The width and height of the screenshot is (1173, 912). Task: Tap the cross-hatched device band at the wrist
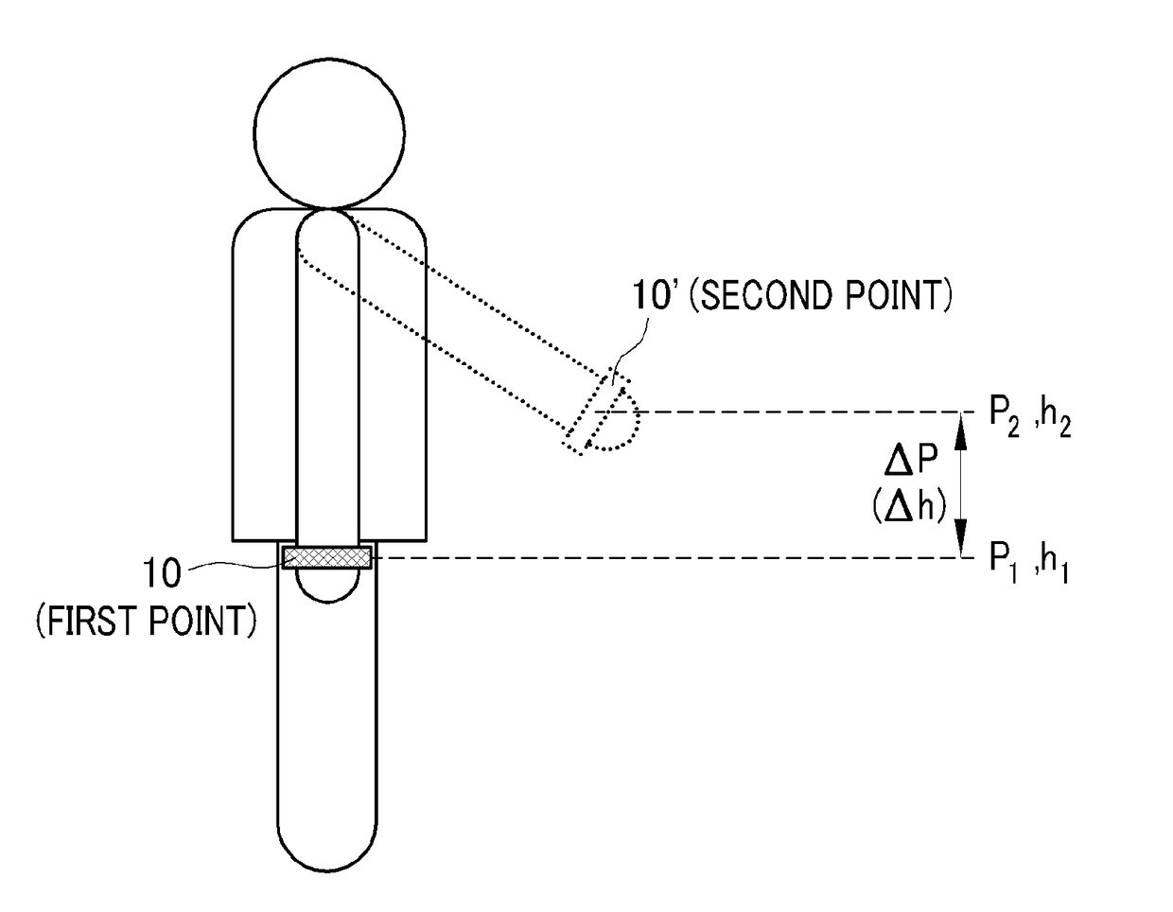[x=327, y=557]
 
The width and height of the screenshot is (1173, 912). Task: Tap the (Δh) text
[x=909, y=507]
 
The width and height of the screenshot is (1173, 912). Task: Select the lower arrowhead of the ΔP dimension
[x=962, y=545]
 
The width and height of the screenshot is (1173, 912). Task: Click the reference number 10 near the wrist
[x=162, y=573]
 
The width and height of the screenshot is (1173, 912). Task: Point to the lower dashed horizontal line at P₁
[x=662, y=558]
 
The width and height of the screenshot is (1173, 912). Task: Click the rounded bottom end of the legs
[x=327, y=842]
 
